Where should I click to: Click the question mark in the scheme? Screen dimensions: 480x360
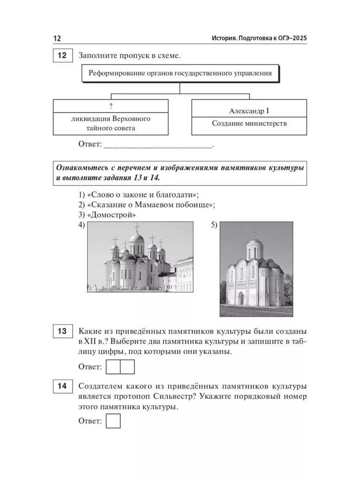110,106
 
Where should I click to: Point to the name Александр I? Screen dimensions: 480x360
249,110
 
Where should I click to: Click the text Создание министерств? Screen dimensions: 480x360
249,123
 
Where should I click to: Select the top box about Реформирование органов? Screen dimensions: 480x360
180,73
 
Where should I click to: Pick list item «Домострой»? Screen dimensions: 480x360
108,215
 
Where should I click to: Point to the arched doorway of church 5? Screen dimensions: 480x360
241,298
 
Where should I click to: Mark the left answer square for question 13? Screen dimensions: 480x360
113,366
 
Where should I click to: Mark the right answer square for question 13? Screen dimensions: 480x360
127,366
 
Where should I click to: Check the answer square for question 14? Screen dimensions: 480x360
113,421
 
